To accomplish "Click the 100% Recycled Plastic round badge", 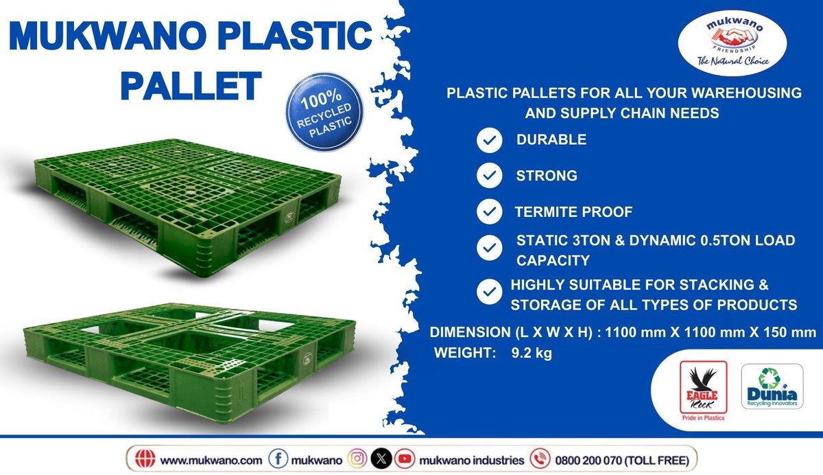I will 324,111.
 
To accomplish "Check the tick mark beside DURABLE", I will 488,141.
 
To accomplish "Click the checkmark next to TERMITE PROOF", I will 488,212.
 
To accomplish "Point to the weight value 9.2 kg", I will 532,355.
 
